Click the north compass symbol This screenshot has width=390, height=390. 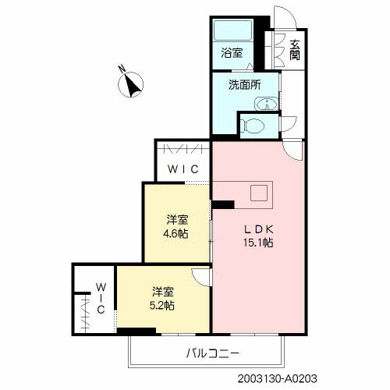[x=130, y=85]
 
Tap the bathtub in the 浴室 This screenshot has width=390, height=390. [x=232, y=30]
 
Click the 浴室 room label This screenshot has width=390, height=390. [x=232, y=53]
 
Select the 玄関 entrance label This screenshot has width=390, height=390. [x=295, y=50]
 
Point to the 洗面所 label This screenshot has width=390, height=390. [x=244, y=85]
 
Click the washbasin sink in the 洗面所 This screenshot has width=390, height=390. [x=267, y=104]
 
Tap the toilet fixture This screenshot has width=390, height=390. [x=252, y=126]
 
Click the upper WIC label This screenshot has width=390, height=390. [x=183, y=169]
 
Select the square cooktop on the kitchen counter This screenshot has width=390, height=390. [x=259, y=193]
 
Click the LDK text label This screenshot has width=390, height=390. [x=259, y=229]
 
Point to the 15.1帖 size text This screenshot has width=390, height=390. [x=258, y=243]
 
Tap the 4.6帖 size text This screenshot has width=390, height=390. [x=175, y=234]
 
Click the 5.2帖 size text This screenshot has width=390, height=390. [x=162, y=306]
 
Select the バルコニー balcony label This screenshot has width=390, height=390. [x=213, y=353]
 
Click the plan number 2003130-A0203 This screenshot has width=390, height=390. [x=278, y=378]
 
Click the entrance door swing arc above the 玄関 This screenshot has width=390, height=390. [x=291, y=13]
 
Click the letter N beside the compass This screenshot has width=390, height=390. [x=122, y=69]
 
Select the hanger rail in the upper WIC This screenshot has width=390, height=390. [x=183, y=149]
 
